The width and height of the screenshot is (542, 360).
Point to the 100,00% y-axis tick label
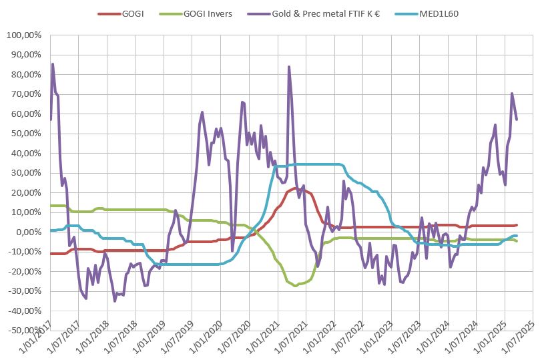click(25, 35)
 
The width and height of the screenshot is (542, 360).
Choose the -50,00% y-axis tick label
click(25, 330)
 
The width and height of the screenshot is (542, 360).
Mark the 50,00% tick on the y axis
click(27, 134)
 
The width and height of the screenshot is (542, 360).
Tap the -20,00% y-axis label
click(25, 271)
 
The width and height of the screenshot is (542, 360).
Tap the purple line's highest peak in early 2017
click(53, 64)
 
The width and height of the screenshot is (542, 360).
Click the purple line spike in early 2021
click(289, 67)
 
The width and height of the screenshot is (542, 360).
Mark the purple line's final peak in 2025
click(512, 94)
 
